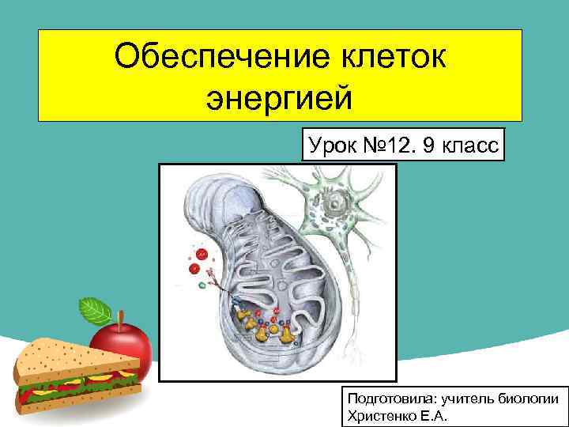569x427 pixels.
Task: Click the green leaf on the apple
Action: (96, 309)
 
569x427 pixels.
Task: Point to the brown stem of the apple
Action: (120, 319)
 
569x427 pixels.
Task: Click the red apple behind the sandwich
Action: (130, 344)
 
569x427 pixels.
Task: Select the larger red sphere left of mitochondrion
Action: (202, 255)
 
